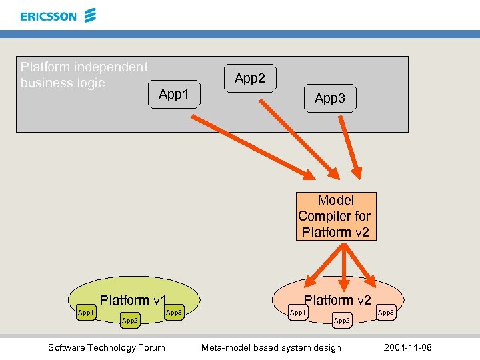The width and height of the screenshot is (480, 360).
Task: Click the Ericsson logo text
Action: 48,16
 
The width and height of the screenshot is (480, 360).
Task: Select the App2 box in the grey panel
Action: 250,79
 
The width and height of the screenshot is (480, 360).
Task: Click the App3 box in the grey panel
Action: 330,99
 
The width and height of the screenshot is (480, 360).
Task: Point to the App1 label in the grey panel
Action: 174,95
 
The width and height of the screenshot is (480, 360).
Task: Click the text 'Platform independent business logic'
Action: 84,75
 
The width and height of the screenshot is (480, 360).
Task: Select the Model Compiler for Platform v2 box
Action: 336,216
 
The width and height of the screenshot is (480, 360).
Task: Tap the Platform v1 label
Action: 133,300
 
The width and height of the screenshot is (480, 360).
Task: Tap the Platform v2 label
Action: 337,300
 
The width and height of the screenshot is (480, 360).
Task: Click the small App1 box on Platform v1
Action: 87,312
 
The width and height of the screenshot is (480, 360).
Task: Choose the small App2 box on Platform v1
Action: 130,321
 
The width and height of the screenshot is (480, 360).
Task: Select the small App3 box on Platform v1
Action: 174,312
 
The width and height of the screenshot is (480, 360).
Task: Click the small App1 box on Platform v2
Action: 297,312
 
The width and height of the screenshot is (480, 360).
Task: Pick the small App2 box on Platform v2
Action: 341,321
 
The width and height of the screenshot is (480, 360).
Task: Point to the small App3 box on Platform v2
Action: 386,312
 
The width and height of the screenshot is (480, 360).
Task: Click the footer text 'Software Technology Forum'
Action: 107,347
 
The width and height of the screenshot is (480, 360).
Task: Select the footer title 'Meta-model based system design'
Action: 271,347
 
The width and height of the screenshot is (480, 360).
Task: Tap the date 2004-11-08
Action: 408,347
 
